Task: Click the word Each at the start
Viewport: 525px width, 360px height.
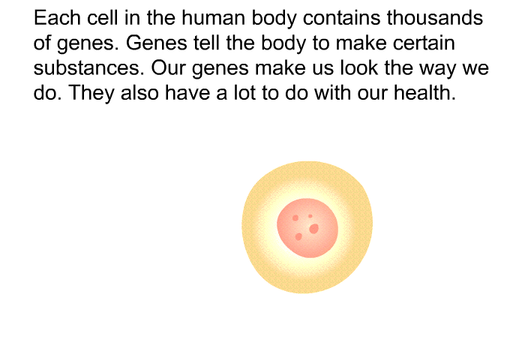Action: pyautogui.click(x=57, y=17)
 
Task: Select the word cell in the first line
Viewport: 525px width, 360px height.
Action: pyautogui.click(x=103, y=17)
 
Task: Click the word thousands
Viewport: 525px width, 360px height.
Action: pyautogui.click(x=435, y=17)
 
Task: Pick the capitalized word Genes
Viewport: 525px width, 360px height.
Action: pyautogui.click(x=156, y=43)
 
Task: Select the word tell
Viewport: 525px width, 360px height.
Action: pyautogui.click(x=206, y=43)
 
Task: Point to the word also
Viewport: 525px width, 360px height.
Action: pyautogui.click(x=139, y=92)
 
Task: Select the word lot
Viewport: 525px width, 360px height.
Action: pyautogui.click(x=244, y=92)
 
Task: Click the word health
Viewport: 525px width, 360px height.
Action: pyautogui.click(x=424, y=92)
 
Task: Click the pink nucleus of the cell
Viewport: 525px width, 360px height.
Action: pyautogui.click(x=307, y=228)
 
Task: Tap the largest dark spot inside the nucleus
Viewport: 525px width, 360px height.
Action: pyautogui.click(x=313, y=229)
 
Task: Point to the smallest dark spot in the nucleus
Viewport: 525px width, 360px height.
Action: pyautogui.click(x=310, y=216)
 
